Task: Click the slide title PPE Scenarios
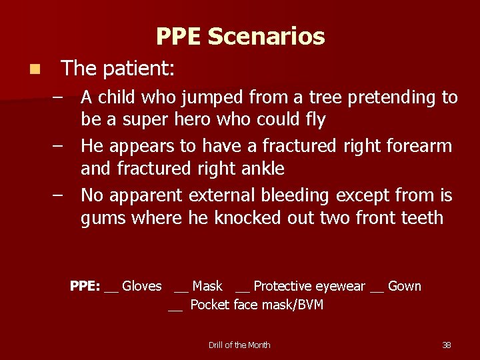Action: (x=240, y=36)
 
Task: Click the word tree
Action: (x=325, y=97)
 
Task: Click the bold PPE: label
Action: (x=85, y=286)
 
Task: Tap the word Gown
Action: (x=405, y=286)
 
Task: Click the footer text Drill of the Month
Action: (x=239, y=345)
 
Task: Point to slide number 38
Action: (x=447, y=345)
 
